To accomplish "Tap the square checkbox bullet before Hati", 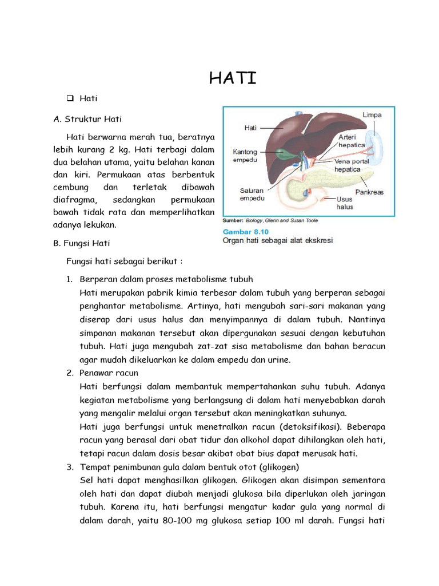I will [x=70, y=98].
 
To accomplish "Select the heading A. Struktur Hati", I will [x=87, y=119].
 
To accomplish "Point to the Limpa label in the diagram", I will [x=372, y=115].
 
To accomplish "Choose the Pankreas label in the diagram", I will [x=369, y=192].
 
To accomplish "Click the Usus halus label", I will [x=345, y=203].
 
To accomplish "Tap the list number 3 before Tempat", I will [x=69, y=466].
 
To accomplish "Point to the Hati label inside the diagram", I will [x=250, y=128].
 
